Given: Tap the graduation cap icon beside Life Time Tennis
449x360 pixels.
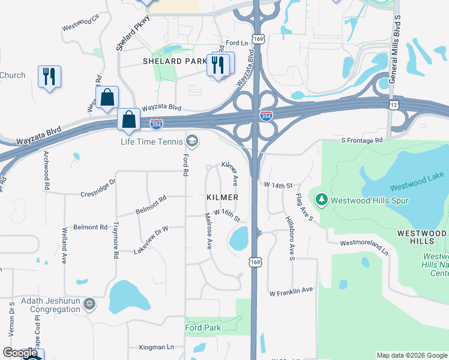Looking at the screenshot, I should tap(192, 142).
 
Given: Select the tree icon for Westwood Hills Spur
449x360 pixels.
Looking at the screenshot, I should tap(321, 199).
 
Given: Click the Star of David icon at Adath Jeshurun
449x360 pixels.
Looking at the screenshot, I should tap(89, 305).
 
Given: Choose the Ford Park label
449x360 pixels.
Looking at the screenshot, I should tap(203, 328).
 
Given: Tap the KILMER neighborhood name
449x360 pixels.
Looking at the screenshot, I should tap(222, 197).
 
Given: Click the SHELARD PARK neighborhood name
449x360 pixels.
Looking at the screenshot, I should tap(175, 61).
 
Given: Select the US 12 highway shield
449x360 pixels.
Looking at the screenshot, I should tap(393, 104).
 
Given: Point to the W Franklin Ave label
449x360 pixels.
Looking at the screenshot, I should tap(291, 292).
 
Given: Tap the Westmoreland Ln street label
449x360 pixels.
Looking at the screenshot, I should tap(364, 248).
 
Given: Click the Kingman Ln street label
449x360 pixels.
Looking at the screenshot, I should tap(156, 347).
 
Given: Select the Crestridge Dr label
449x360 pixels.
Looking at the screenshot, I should tap(98, 188).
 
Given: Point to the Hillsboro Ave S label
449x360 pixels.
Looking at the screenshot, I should tap(291, 238).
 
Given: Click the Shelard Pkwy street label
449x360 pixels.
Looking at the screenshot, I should tap(132, 33).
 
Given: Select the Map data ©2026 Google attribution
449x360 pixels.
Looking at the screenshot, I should tap(412, 355).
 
